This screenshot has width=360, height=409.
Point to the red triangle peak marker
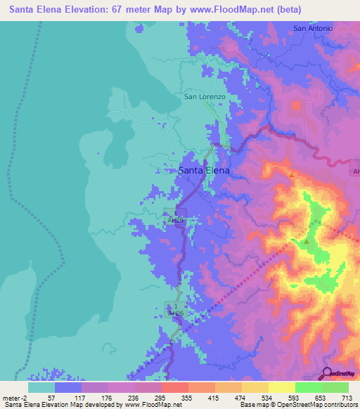click(290, 174)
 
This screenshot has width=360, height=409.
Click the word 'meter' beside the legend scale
click(10, 397)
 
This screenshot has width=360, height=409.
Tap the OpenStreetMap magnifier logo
click(326, 373)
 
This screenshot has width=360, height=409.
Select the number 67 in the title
click(127, 10)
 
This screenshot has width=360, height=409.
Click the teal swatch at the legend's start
click(41, 387)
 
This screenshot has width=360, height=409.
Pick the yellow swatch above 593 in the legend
click(281, 387)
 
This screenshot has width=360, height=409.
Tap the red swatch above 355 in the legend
click(175, 387)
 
